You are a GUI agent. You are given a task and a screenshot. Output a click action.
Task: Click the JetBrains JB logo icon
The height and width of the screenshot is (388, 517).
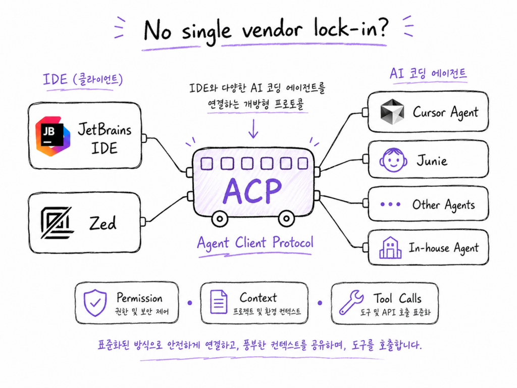tap(53, 135)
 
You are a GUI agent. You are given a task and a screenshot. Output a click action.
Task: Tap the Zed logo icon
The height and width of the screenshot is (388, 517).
tap(56, 222)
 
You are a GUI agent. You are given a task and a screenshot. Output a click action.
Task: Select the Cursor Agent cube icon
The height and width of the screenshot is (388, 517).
tap(392, 112)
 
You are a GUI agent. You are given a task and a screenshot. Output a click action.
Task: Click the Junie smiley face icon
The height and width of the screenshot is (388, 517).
tap(393, 160)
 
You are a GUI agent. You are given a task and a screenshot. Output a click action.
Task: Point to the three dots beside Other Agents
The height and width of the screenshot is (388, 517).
tap(390, 204)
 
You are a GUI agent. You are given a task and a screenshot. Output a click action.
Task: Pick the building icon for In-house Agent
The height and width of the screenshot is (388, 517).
tap(390, 248)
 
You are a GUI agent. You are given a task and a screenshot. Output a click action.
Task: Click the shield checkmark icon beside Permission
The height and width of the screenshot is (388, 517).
tap(95, 303)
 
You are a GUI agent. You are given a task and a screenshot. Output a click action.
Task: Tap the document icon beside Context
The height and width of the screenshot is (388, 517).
tap(219, 302)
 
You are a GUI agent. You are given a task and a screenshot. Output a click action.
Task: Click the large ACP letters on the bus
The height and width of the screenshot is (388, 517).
tap(252, 190)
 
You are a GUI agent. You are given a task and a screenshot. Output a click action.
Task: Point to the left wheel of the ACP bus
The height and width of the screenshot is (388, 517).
tap(220, 219)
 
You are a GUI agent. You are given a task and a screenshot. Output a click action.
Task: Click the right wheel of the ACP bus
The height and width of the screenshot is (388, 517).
tap(286, 218)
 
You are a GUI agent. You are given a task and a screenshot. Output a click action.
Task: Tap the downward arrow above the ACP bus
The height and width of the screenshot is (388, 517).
tap(253, 129)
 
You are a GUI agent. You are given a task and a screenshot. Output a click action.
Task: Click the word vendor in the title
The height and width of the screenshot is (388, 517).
tap(272, 30)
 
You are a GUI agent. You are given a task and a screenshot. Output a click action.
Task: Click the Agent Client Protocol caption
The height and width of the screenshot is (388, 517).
tap(255, 243)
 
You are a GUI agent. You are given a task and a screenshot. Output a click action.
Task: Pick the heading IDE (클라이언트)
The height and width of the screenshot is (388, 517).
tap(83, 80)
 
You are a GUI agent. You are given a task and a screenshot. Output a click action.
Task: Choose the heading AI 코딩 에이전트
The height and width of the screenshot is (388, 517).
tap(428, 73)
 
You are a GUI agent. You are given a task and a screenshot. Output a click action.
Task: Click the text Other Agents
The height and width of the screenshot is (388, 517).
tap(443, 205)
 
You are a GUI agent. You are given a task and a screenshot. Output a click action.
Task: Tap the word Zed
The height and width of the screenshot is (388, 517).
tap(103, 223)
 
